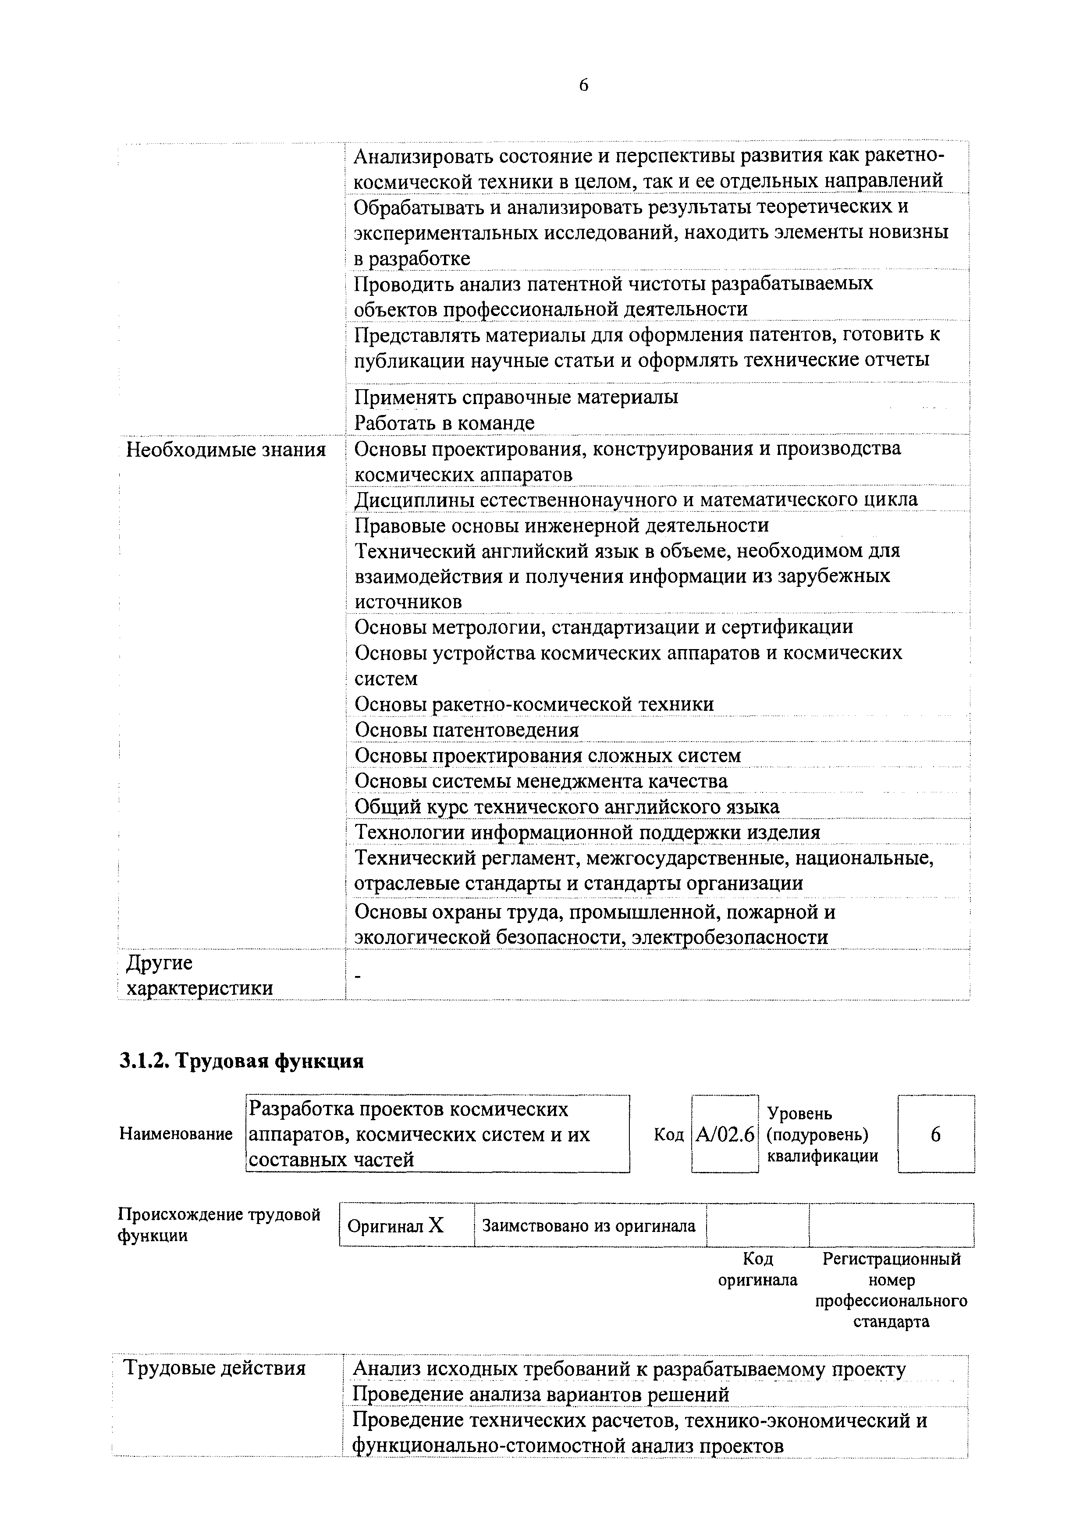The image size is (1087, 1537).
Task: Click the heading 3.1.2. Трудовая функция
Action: click(241, 1062)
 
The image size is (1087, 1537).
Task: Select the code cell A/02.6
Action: click(725, 1135)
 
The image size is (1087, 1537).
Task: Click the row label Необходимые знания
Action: click(226, 450)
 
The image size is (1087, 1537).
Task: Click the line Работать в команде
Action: click(444, 423)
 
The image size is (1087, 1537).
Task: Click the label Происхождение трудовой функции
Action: click(219, 1225)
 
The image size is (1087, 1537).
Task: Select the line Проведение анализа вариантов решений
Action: click(540, 1395)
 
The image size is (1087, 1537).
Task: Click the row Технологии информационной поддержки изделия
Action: click(587, 832)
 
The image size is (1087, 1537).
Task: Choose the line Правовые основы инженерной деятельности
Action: click(561, 525)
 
